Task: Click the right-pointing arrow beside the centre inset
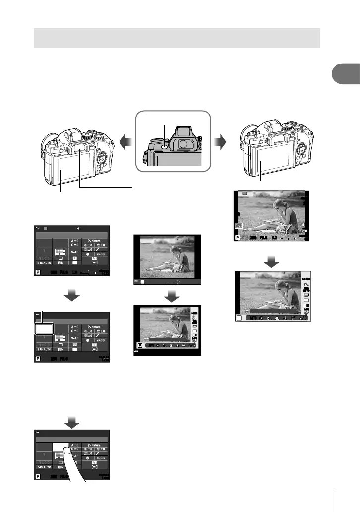pyautogui.click(x=219, y=143)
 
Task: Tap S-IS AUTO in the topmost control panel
pyautogui.click(x=45, y=263)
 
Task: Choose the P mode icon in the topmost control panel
pyautogui.click(x=38, y=272)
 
